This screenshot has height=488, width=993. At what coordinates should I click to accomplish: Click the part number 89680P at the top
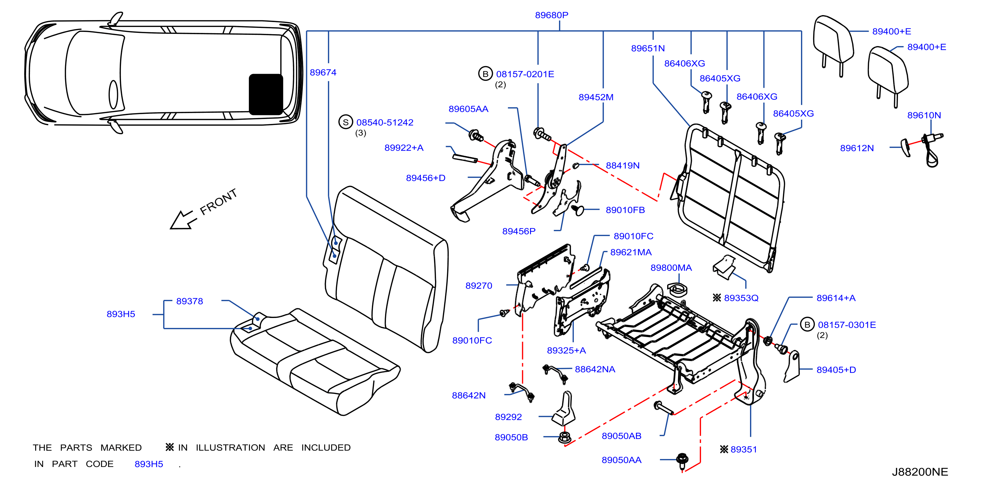tap(551, 15)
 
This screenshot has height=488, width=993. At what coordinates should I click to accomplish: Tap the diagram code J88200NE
tap(920, 472)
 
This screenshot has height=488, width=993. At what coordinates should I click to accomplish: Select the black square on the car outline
tap(266, 94)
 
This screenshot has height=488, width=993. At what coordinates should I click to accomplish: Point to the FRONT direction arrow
tap(183, 220)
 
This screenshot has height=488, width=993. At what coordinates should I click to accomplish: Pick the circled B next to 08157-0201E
tap(485, 74)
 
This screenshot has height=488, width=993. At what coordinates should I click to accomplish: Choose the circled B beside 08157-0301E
tap(807, 325)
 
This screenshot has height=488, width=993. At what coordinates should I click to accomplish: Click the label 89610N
tap(924, 115)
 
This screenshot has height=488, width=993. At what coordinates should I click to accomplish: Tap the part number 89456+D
tap(425, 178)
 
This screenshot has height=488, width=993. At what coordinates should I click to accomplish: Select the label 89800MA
tap(671, 268)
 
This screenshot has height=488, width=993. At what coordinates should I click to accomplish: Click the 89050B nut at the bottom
tap(565, 437)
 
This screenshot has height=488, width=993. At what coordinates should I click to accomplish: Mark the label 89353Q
tap(741, 298)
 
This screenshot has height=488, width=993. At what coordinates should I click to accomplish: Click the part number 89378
tap(189, 301)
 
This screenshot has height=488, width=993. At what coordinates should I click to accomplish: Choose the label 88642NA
tap(595, 369)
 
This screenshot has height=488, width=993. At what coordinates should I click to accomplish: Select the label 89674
tap(323, 72)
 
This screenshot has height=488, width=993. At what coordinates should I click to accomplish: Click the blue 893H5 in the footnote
tap(149, 464)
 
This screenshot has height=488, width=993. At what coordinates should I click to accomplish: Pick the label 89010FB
tap(625, 210)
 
